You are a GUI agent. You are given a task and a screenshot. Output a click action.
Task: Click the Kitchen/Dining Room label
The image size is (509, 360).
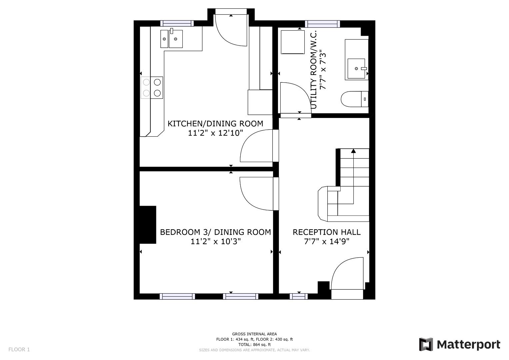(x=215, y=124)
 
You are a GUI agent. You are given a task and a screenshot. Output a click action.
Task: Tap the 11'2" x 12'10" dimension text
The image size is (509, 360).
(x=215, y=133)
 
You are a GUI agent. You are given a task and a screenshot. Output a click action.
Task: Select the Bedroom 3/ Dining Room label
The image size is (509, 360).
(x=215, y=232)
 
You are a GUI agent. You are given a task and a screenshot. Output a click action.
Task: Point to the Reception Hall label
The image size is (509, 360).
(x=327, y=232)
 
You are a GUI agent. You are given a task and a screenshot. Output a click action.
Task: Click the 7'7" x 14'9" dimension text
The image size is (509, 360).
(x=327, y=241)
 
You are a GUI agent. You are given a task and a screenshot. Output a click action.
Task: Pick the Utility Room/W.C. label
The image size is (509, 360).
(x=313, y=70)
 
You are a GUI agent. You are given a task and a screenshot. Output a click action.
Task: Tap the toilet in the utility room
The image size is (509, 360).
(x=355, y=99)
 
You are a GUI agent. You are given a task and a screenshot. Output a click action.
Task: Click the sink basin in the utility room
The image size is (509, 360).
(x=356, y=68)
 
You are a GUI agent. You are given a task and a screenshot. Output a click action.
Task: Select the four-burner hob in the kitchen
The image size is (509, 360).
(x=152, y=87)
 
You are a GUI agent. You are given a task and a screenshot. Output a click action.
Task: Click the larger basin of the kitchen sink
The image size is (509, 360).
(x=176, y=39)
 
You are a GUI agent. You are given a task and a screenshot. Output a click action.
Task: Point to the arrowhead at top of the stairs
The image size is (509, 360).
(x=353, y=151)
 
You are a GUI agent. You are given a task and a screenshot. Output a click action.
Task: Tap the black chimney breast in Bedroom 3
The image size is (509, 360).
(x=148, y=225)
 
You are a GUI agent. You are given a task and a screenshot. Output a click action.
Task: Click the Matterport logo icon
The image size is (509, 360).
(x=426, y=344)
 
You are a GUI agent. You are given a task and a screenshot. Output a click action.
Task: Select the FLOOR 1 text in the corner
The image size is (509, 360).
(x=19, y=350)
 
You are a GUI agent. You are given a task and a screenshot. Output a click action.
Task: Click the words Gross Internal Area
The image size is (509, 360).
(x=254, y=334)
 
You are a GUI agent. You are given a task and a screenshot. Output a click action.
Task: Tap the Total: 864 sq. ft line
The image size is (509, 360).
(x=254, y=345)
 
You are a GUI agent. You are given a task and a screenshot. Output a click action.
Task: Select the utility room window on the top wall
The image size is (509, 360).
(x=322, y=24)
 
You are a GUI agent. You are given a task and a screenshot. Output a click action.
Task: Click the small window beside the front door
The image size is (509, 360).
(x=299, y=296)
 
